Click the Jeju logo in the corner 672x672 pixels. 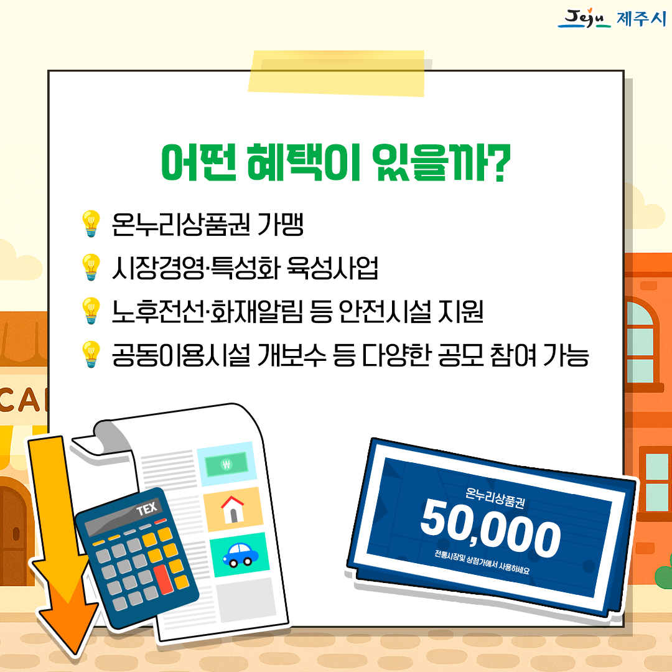point(584,18)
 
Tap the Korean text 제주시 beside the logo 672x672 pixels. point(642,19)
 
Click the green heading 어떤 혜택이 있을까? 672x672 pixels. point(336,162)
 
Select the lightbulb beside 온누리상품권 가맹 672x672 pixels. point(91,223)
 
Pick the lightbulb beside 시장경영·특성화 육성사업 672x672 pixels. point(91,267)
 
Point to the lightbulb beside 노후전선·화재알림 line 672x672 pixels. point(91,310)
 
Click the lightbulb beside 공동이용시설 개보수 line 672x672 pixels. point(91,355)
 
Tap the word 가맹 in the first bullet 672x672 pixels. point(280,224)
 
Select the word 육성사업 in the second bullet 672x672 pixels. point(332,268)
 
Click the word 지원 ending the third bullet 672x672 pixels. point(460,311)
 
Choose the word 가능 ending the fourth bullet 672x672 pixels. point(566,355)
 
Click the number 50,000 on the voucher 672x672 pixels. point(490,529)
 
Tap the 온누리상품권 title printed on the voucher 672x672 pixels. point(495,498)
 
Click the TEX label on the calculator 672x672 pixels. point(147,509)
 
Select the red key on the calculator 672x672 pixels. point(163,579)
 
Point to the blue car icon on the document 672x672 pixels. point(240,554)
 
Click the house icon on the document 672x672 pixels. point(233,509)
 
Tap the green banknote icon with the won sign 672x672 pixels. point(226,464)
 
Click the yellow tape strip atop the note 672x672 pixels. point(337,73)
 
